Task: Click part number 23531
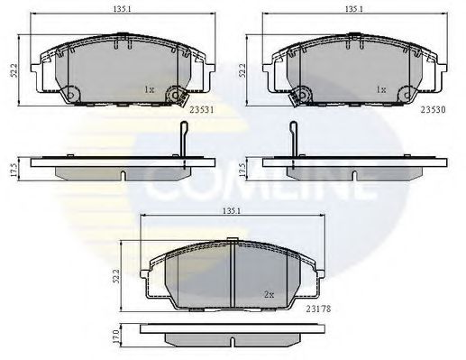click(202, 110)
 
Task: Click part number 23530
click(433, 110)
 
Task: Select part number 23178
click(318, 309)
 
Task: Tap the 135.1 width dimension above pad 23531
click(123, 9)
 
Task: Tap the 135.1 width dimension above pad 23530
click(354, 9)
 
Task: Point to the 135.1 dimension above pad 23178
click(232, 211)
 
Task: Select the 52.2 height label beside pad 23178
click(116, 275)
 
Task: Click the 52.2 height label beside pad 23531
click(14, 70)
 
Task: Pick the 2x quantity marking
click(270, 295)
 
